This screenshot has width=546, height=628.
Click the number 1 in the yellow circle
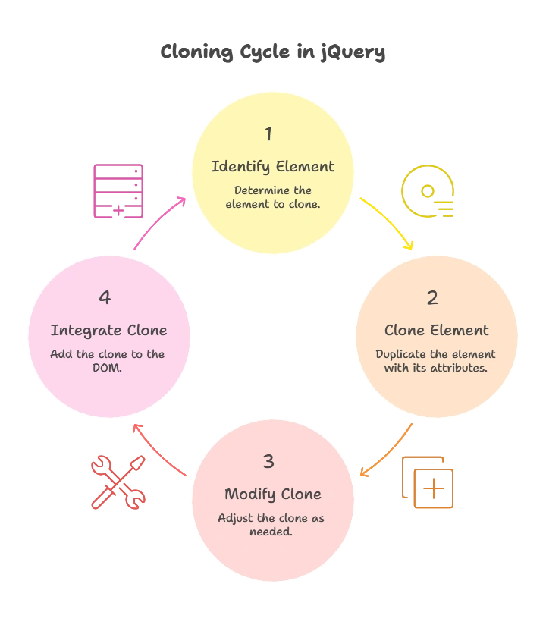268,134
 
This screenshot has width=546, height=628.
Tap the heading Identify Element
272,167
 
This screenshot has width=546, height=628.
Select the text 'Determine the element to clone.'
272,197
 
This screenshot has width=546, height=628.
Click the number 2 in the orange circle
432,298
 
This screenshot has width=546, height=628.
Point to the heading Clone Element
436,331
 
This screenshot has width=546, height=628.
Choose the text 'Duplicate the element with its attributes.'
436,361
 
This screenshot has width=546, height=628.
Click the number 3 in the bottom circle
268,462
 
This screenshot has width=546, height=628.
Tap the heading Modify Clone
272,495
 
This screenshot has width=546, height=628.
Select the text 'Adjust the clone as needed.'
272,525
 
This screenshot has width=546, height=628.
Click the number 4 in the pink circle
105,298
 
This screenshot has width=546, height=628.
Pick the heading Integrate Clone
108,331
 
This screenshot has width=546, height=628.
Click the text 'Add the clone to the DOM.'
108,361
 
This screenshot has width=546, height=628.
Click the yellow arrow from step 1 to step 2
389,221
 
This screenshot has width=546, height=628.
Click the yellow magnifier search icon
428,191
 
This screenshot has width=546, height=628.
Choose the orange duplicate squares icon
428,482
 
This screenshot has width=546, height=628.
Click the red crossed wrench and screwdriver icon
118,482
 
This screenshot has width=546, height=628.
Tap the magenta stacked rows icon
118,191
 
